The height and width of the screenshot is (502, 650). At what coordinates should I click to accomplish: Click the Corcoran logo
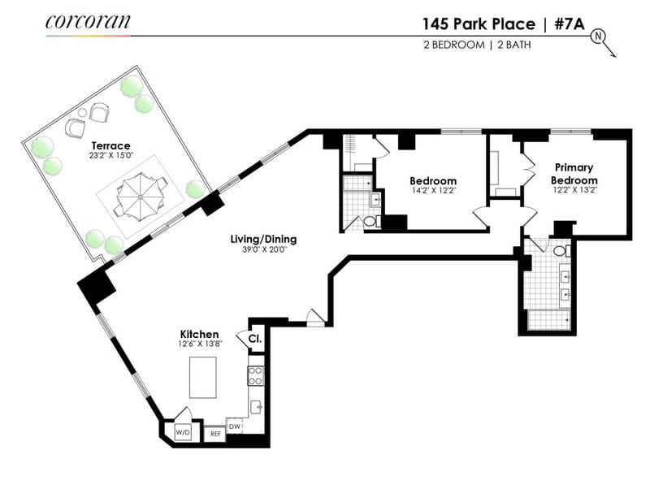(88, 22)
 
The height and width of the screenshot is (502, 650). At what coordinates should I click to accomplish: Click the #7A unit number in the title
(570, 24)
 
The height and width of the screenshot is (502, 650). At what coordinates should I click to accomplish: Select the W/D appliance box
(182, 433)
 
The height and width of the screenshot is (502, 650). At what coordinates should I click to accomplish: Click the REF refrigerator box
(215, 434)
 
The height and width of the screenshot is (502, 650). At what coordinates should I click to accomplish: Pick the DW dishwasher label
(235, 426)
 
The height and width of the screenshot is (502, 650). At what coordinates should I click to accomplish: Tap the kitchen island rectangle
(203, 377)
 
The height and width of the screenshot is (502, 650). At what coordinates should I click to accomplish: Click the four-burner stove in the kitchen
(256, 376)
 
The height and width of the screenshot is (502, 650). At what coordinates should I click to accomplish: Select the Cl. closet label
(255, 339)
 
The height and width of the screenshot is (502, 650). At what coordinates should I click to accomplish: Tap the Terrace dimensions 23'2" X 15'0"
(111, 156)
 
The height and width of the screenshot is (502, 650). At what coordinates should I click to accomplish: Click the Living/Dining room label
(263, 239)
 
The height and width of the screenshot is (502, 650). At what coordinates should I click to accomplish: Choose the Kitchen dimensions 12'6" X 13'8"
(201, 344)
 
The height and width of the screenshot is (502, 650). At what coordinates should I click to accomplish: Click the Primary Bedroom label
(574, 174)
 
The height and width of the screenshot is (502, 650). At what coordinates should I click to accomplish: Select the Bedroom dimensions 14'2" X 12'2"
(433, 191)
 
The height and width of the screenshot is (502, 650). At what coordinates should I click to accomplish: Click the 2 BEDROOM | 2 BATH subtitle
(477, 45)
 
